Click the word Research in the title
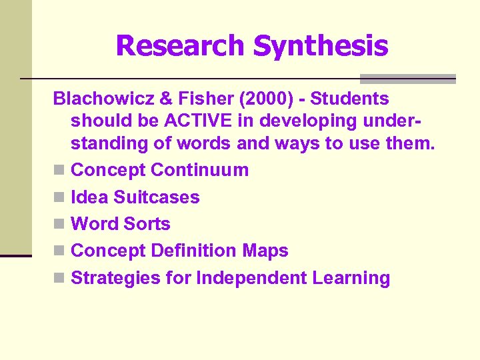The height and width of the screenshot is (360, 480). point(180,46)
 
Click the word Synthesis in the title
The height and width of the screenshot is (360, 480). point(321,46)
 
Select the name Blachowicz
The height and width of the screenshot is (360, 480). point(102,99)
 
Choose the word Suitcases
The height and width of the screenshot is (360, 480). point(157,197)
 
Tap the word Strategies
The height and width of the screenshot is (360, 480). point(115,278)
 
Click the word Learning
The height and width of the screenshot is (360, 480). point(351,278)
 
